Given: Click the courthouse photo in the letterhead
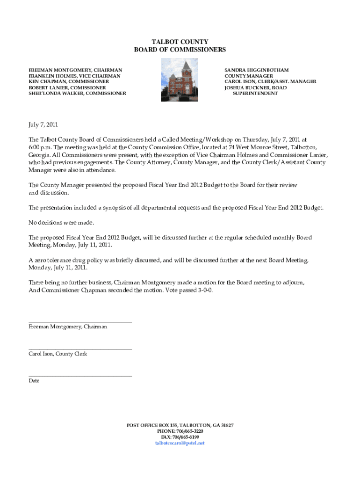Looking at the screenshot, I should tap(180, 80).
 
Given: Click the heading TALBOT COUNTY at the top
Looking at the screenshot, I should tap(180, 42).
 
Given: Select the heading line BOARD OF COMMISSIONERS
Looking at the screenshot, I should tap(180, 50).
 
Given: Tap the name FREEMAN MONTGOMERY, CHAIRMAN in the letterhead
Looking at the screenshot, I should tap(75, 70).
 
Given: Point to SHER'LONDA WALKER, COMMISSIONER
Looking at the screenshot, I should tap(77, 94).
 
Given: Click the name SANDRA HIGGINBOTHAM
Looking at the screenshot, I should tap(256, 70).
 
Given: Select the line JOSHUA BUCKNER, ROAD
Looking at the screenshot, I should tap(255, 87).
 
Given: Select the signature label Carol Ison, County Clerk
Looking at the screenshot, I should tap(58, 354).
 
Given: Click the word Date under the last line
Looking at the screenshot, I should tap(34, 381).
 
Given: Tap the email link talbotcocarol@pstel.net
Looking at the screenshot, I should tap(180, 443).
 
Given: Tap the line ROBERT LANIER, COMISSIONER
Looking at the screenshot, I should tap(67, 87).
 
